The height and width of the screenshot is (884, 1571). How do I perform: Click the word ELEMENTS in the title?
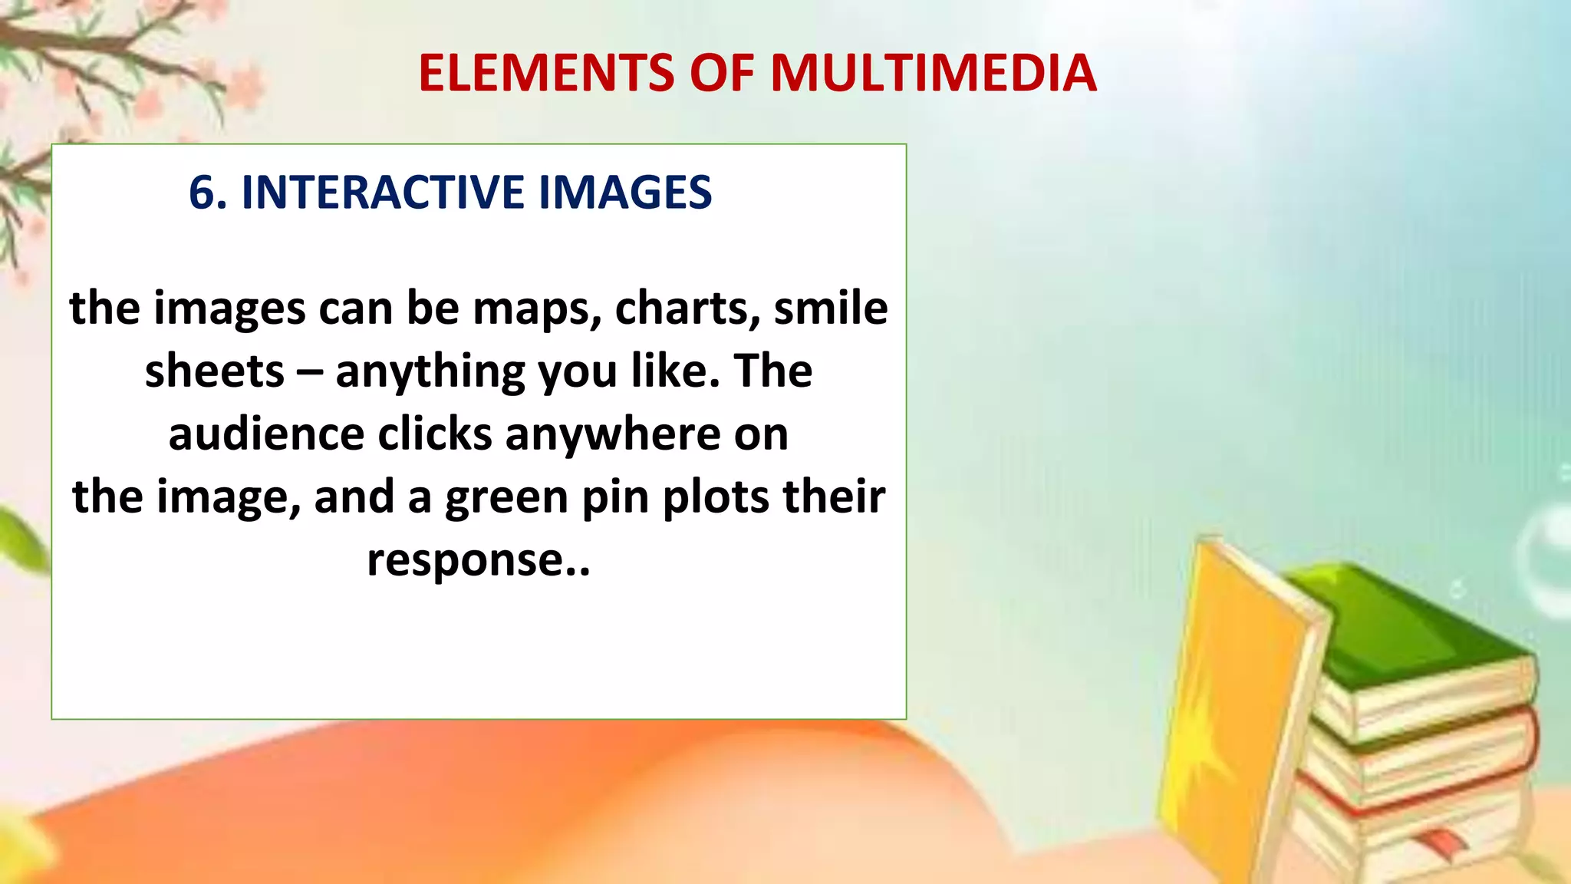click(x=546, y=74)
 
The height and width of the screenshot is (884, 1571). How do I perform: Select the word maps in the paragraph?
click(x=535, y=308)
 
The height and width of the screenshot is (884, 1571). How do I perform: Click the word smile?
click(x=831, y=308)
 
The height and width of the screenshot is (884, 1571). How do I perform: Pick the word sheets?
click(x=215, y=371)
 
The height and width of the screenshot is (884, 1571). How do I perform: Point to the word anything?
click(x=430, y=373)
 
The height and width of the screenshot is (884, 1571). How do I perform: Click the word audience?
click(x=266, y=434)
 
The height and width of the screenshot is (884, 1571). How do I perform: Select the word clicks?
click(x=435, y=434)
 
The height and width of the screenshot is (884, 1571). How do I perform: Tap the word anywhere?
click(x=613, y=434)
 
